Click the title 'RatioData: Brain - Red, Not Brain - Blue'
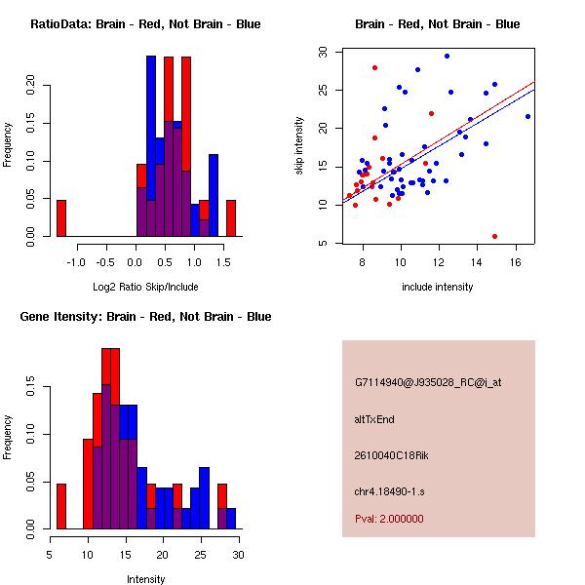click(x=145, y=23)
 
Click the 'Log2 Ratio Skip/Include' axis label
click(x=145, y=287)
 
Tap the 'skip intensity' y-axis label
click(x=300, y=146)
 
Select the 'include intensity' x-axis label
click(x=438, y=287)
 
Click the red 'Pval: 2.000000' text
click(x=389, y=519)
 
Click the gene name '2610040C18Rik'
click(x=388, y=455)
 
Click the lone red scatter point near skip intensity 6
click(x=495, y=236)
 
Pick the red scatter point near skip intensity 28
click(x=374, y=67)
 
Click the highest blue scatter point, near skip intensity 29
click(x=447, y=57)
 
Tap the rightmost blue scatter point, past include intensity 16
click(x=527, y=116)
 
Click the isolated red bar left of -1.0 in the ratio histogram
click(x=60, y=217)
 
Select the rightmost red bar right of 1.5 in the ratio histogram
click(x=231, y=217)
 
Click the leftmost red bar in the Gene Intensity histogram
click(x=60, y=505)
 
